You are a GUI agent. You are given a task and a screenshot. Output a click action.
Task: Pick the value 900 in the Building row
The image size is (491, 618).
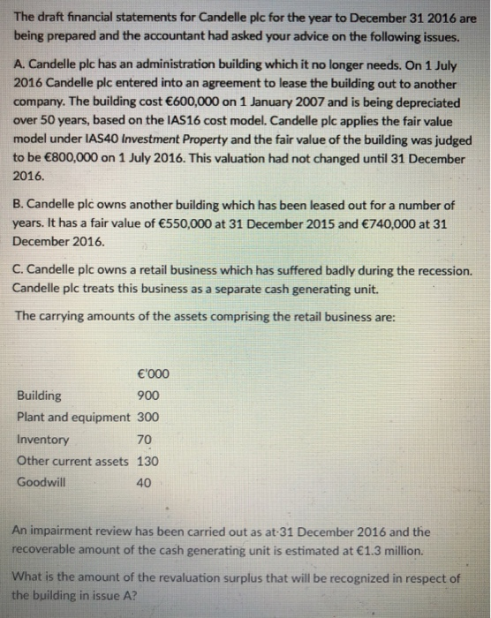(148, 396)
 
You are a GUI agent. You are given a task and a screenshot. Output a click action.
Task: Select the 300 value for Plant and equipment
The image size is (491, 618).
(148, 417)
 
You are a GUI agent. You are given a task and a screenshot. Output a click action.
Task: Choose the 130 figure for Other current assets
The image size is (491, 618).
(148, 460)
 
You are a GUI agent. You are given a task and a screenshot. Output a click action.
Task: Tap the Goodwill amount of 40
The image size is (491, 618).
(145, 482)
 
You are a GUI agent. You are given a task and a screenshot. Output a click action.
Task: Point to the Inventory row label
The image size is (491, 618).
(43, 439)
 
